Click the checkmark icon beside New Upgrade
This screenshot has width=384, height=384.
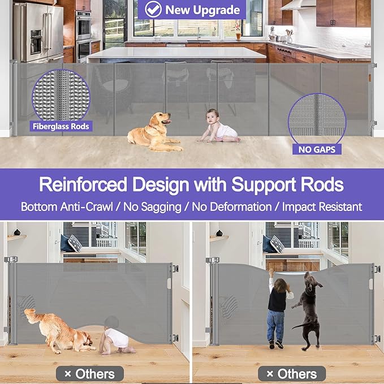[x=152, y=9]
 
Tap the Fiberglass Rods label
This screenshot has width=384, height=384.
[x=61, y=126]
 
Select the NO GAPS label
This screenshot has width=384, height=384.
[x=317, y=150]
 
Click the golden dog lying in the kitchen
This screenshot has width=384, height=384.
[x=152, y=131]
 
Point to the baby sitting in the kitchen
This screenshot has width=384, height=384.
[x=221, y=127]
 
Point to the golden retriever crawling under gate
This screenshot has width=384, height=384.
[x=57, y=331]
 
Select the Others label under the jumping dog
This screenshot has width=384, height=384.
[x=292, y=374]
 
